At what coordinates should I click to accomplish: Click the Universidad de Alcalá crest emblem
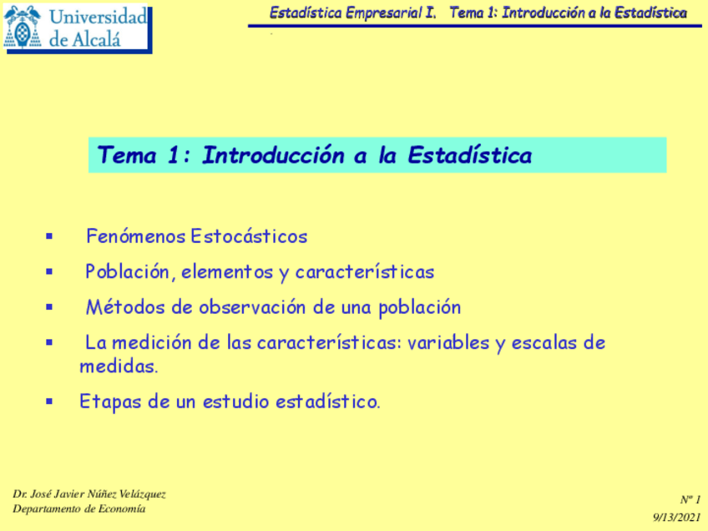tap(23, 28)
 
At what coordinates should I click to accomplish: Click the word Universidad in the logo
tap(99, 17)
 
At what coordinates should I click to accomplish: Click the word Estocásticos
tap(249, 236)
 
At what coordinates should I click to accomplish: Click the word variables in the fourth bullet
tap(448, 343)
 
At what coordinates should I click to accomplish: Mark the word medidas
tap(119, 367)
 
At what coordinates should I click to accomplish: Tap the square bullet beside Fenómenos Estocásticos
tap(49, 237)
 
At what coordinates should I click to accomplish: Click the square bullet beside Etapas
tap(49, 402)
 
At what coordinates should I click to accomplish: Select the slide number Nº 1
tap(690, 499)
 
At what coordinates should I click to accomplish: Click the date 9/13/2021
tap(675, 518)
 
